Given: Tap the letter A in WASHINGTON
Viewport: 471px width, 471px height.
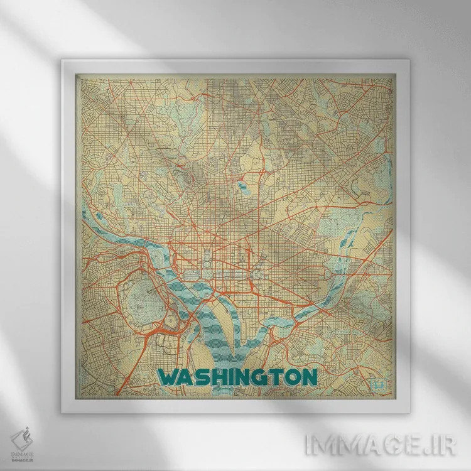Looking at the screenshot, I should (190, 377).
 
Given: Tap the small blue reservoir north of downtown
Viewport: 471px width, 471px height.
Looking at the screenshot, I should (241, 187).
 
